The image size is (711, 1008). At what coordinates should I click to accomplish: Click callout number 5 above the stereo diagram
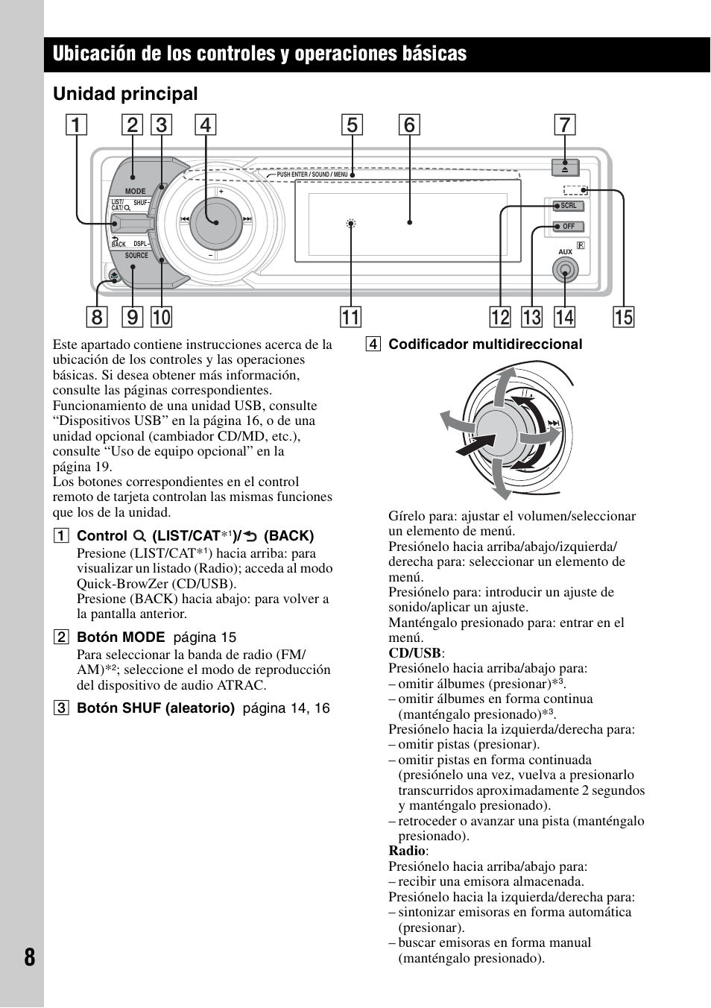tap(352, 125)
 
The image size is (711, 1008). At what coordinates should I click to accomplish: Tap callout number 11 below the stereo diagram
tap(350, 317)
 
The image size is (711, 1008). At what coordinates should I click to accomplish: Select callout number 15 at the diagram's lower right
tap(623, 317)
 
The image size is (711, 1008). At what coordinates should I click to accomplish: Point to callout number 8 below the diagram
tap(96, 317)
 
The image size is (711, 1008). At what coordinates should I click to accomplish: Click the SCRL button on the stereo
tap(568, 206)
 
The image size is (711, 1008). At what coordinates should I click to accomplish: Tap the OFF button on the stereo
tap(568, 227)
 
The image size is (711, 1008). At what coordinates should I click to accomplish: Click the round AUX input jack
tap(565, 274)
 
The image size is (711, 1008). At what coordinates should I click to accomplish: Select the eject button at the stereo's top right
tap(564, 168)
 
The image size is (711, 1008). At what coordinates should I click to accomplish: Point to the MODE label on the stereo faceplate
tap(135, 192)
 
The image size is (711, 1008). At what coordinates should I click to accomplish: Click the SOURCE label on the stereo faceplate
tap(136, 256)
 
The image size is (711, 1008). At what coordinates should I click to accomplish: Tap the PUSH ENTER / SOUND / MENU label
tap(312, 174)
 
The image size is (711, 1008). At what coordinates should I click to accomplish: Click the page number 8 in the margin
tap(28, 957)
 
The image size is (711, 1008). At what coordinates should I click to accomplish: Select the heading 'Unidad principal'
tap(125, 94)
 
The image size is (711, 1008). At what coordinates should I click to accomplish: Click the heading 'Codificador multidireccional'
tap(485, 344)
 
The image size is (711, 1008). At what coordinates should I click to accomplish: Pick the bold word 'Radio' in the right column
tap(406, 851)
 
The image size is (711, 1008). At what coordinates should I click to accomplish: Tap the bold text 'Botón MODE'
tap(121, 637)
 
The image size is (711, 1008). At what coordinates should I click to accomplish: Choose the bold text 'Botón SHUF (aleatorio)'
tap(156, 708)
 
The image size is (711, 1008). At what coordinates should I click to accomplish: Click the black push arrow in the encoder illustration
tap(473, 445)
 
